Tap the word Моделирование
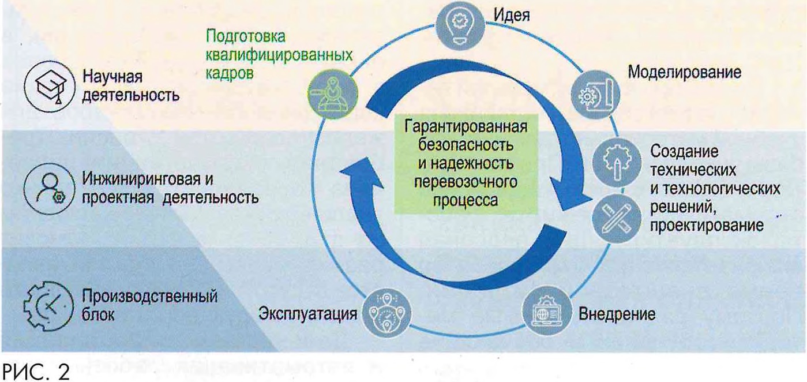[684, 73]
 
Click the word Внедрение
[617, 314]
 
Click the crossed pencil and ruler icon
[616, 218]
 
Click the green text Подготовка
[246, 38]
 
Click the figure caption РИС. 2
[36, 370]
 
